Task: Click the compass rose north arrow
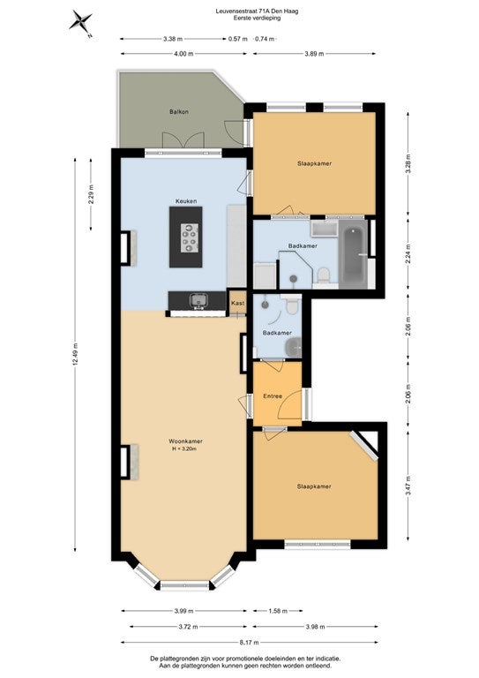[x=81, y=21]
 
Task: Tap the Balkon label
[x=179, y=111]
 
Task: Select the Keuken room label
[x=186, y=201]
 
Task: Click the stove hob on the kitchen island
[x=190, y=237]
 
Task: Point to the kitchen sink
[x=199, y=299]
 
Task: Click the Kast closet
[x=237, y=302]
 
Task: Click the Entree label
[x=273, y=396]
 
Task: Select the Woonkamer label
[x=186, y=441]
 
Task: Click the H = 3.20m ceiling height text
[x=184, y=449]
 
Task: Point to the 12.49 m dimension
[x=75, y=355]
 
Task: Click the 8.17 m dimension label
[x=250, y=642]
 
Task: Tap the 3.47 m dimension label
[x=408, y=486]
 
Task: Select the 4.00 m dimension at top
[x=183, y=54]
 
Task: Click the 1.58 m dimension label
[x=278, y=611]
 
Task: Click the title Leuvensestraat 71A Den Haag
[x=257, y=11]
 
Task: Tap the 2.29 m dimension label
[x=91, y=194]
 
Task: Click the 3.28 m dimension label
[x=408, y=164]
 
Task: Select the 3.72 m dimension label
[x=188, y=627]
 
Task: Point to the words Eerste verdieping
[x=257, y=19]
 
